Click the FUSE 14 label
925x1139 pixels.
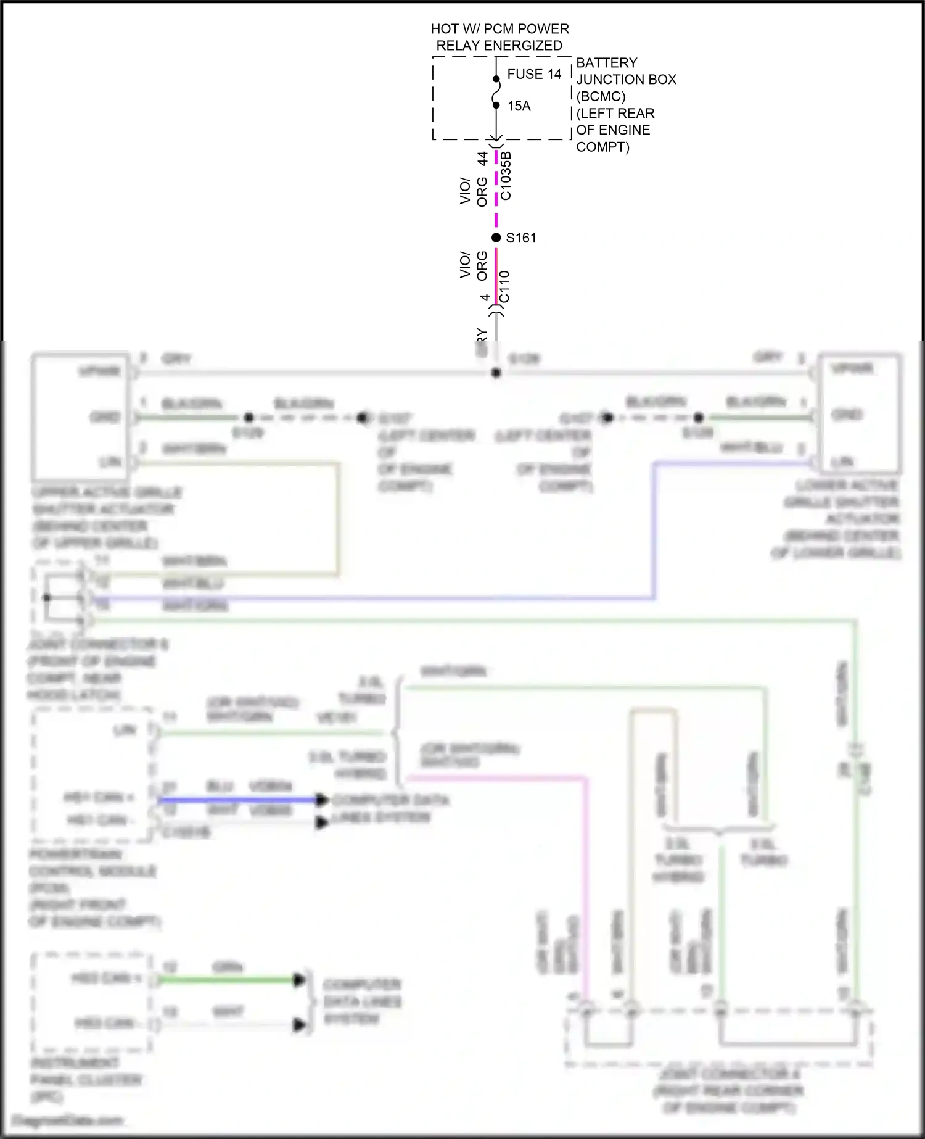pos(534,74)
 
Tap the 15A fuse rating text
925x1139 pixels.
pos(519,106)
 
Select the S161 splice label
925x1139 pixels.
pos(521,238)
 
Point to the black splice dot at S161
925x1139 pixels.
pos(496,238)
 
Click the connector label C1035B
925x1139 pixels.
pos(506,176)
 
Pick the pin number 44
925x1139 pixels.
pos(483,159)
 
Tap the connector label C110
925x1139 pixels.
pos(504,287)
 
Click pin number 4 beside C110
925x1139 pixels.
pos(485,297)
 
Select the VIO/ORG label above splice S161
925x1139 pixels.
pos(474,191)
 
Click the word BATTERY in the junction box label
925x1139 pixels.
pos(606,63)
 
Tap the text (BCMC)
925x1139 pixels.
pos(600,96)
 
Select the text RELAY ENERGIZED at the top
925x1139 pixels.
pos(499,46)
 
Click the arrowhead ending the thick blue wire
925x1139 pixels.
pos(322,800)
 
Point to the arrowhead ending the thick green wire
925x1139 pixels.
pos(299,979)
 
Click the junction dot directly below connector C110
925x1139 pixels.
pos(496,373)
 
